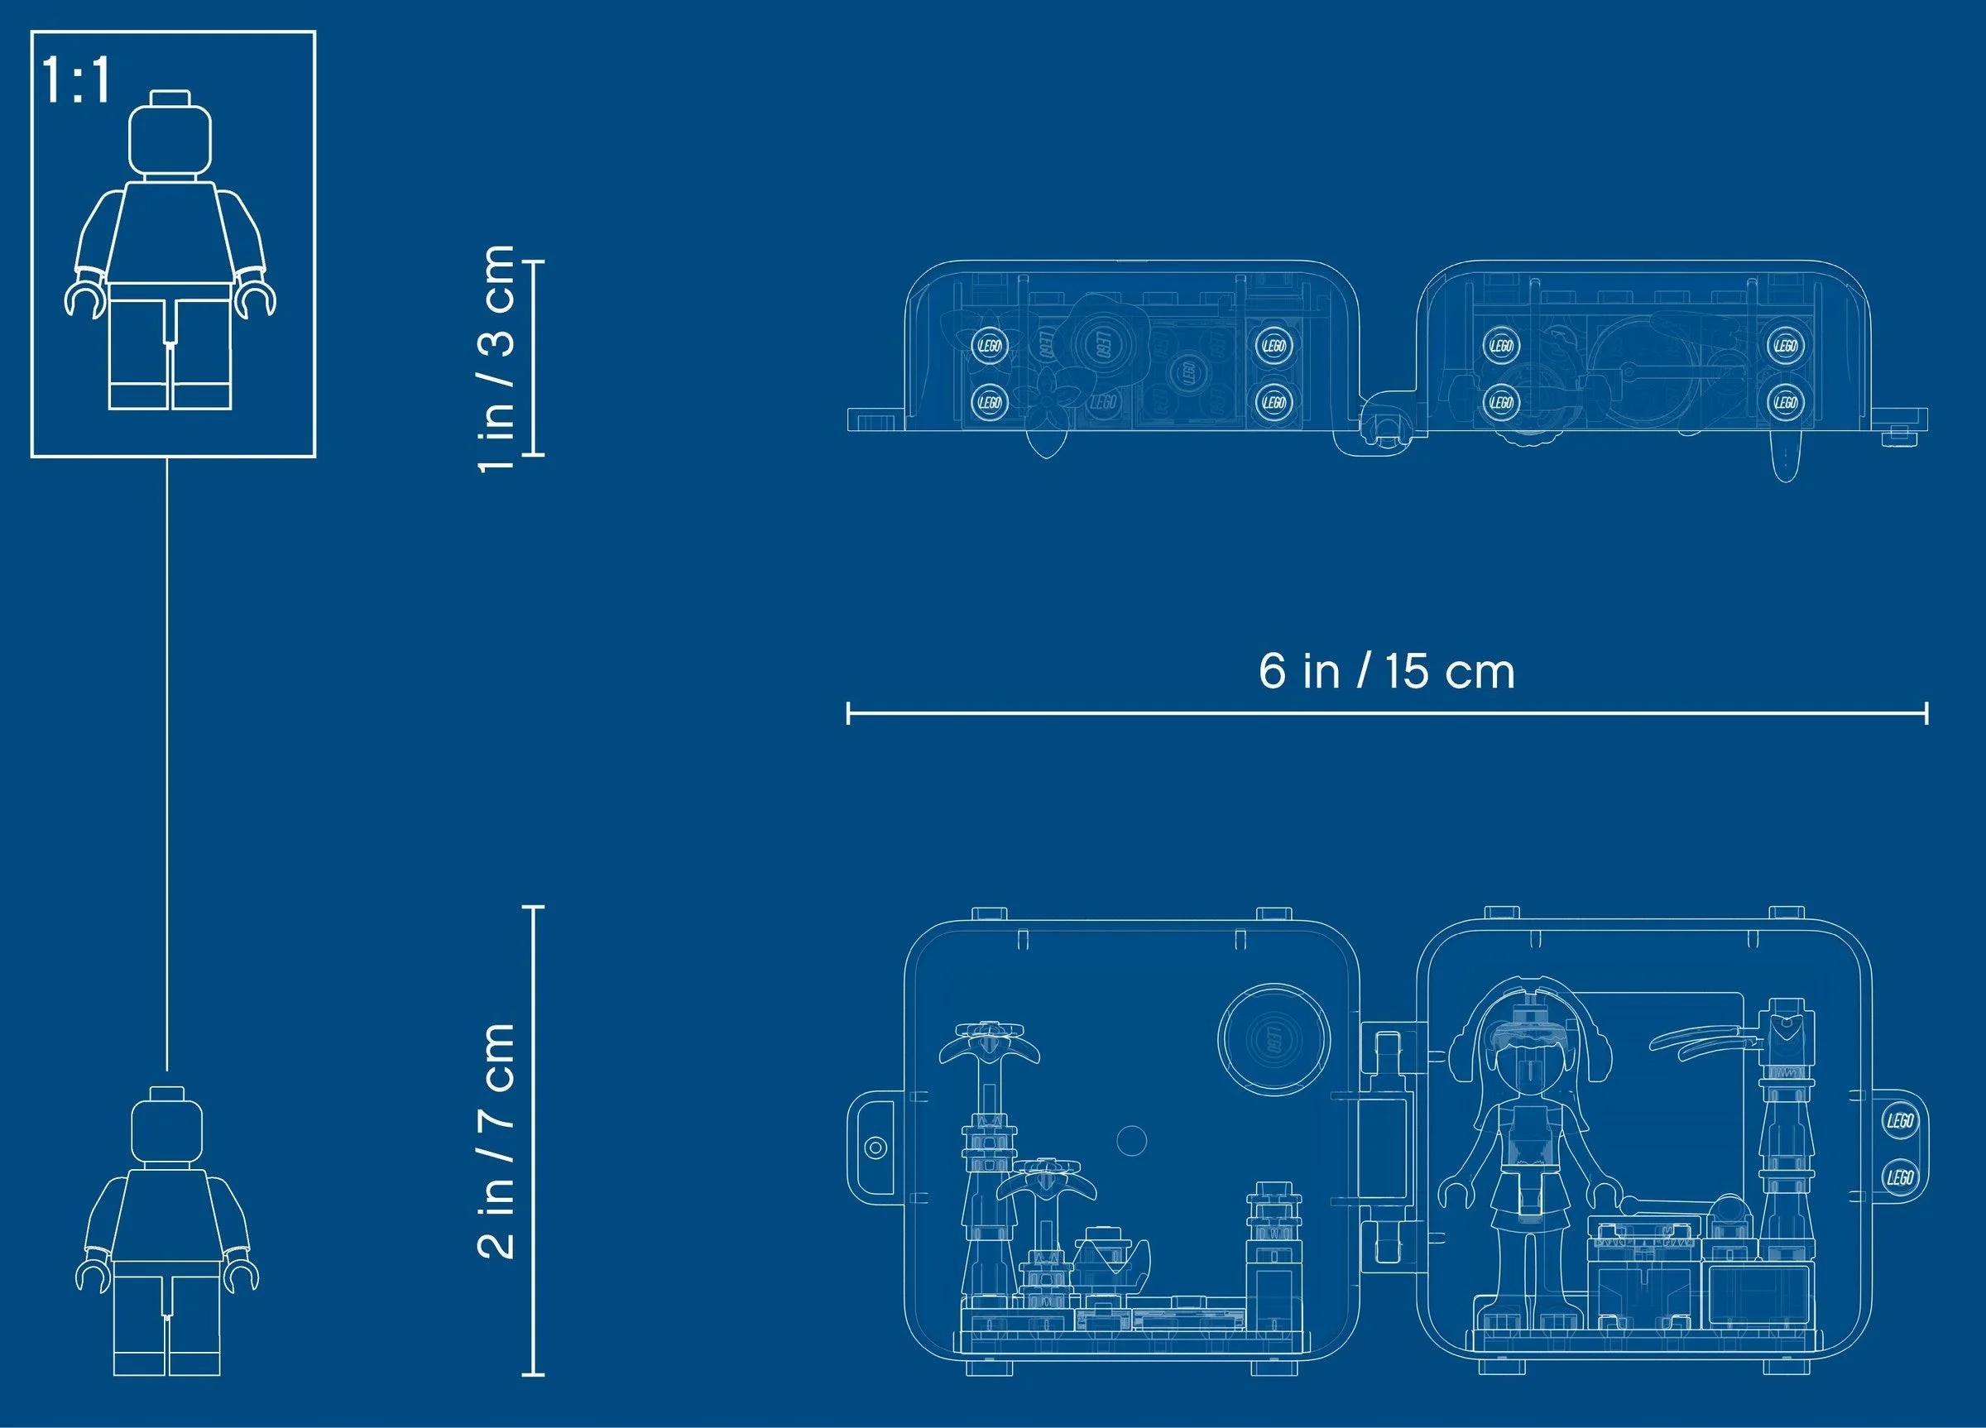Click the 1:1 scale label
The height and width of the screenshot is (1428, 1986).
pos(77,81)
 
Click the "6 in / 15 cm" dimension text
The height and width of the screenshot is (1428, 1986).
pos(1387,671)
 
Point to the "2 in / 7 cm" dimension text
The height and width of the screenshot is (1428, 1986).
pos(497,1140)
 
